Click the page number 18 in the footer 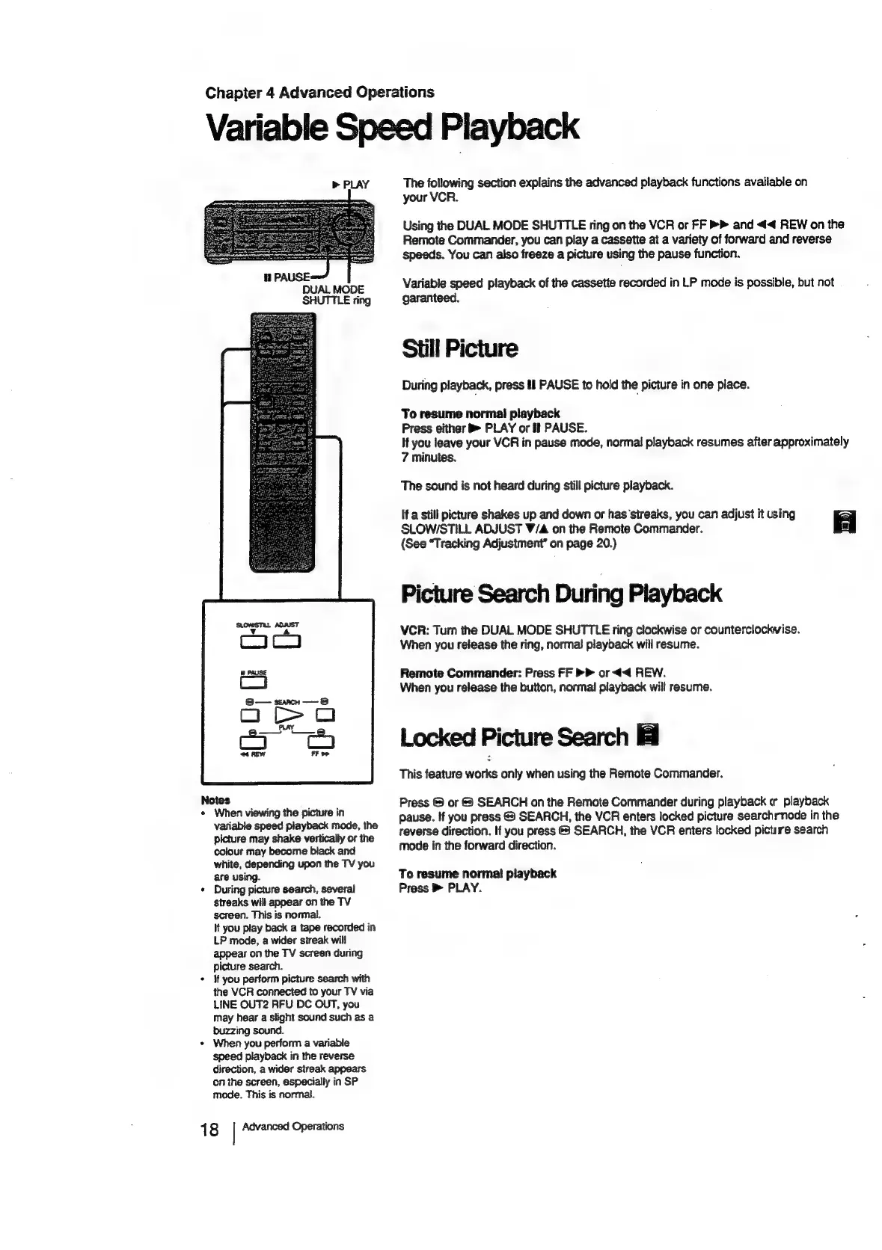coord(209,1129)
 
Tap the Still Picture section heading coord(459,349)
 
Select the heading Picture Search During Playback coord(561,594)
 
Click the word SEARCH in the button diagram coord(287,702)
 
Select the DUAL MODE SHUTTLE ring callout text coord(335,295)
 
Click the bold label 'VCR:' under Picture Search coord(414,629)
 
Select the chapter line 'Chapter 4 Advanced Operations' coord(319,93)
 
